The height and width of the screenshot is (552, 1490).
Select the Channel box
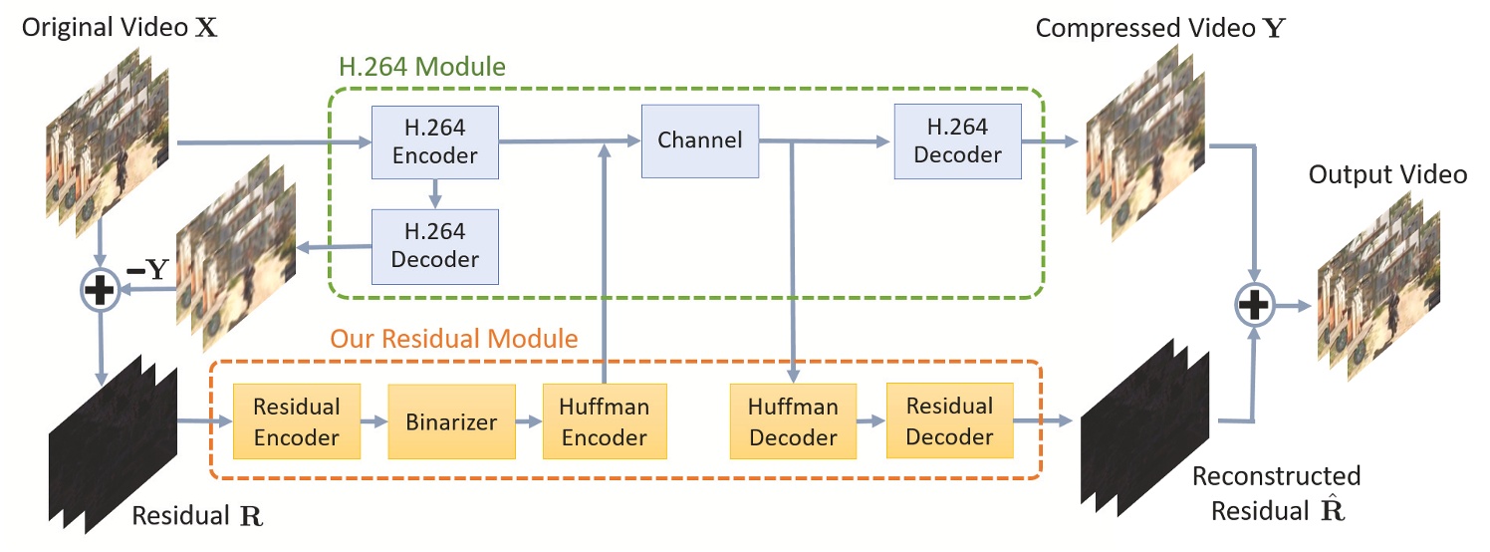699,140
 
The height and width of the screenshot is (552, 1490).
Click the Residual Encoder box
296,421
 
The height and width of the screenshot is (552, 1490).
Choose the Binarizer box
450,421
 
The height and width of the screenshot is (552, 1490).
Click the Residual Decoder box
948,421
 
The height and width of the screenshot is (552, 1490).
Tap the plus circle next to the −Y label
101,289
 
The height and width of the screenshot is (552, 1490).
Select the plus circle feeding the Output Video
1256,304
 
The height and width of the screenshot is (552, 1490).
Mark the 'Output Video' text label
1387,174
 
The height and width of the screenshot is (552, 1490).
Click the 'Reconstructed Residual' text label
1276,492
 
